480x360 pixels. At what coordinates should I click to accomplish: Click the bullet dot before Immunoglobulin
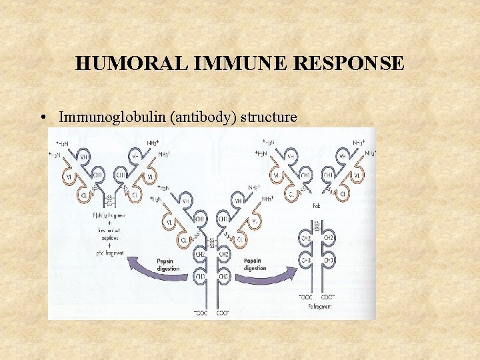pos(42,118)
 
